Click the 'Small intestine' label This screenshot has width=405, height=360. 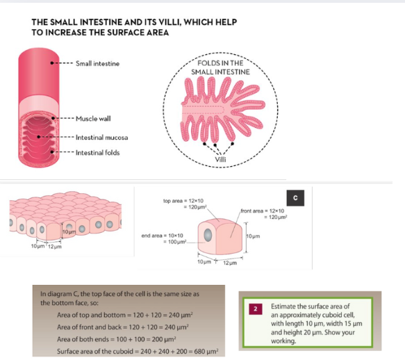click(97, 63)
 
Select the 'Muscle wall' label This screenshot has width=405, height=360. click(93, 119)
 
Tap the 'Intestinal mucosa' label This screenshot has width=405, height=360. click(101, 137)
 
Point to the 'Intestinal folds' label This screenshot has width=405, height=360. click(98, 153)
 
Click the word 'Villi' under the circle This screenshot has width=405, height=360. click(220, 159)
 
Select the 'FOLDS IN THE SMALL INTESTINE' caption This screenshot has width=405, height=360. click(220, 67)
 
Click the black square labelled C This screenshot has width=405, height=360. click(295, 198)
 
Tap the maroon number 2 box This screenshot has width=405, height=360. click(256, 309)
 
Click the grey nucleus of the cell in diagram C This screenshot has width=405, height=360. click(208, 235)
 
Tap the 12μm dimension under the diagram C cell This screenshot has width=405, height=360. click(230, 263)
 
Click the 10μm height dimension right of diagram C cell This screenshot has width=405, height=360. click(253, 236)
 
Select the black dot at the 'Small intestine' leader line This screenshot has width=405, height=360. click(52, 63)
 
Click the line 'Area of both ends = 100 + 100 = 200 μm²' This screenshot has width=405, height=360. click(117, 339)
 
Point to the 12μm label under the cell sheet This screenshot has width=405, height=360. click(55, 247)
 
